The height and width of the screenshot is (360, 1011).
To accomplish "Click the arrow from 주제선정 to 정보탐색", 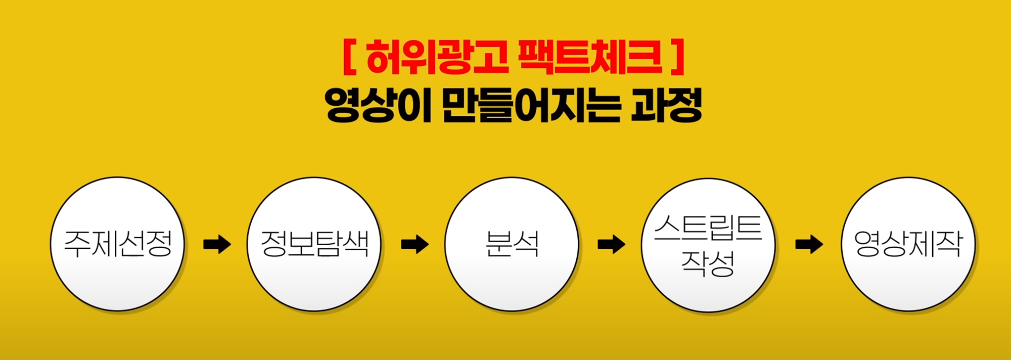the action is coord(217,245).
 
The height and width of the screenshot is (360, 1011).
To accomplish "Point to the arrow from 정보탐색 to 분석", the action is coord(415,245).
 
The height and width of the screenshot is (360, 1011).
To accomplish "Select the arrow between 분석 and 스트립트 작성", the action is coord(611,245).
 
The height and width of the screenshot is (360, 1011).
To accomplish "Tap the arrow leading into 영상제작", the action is coord(809,245).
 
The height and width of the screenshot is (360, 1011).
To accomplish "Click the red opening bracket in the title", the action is coord(348,57).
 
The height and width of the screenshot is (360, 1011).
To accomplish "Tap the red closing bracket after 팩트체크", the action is coord(679,57).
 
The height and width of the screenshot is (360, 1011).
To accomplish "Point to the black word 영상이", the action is coord(378,105).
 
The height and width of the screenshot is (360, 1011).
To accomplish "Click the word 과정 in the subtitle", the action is coord(666,105).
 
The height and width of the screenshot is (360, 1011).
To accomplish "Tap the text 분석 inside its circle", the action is coord(512,244).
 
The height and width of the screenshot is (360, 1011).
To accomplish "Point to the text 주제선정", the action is coord(117,244).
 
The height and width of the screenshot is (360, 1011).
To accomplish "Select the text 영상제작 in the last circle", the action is coord(908,244).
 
